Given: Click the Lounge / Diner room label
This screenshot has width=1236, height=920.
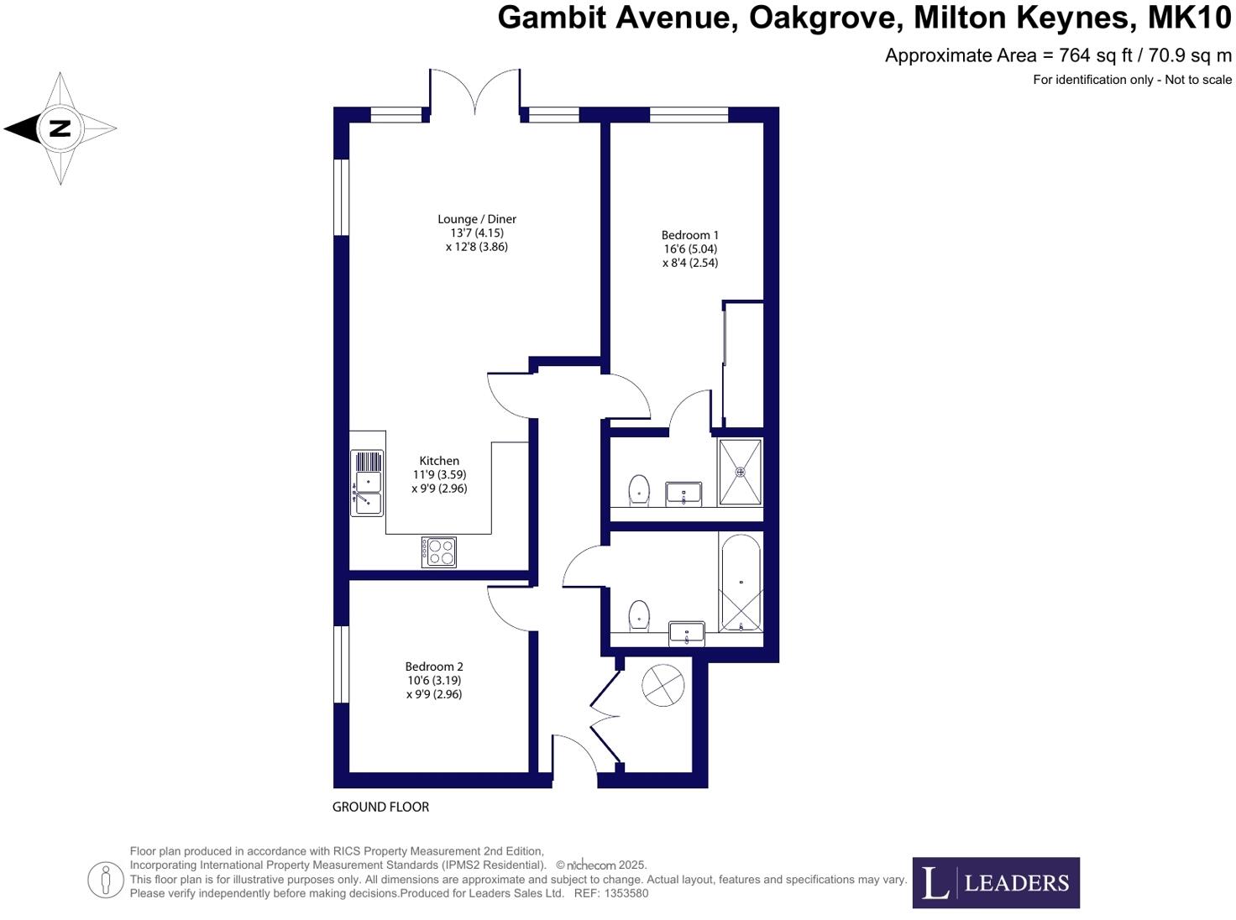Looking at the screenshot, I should tap(476, 220).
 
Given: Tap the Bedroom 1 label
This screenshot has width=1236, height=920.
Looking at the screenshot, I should tap(689, 236).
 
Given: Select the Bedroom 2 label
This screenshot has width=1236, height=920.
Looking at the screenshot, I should tap(434, 667).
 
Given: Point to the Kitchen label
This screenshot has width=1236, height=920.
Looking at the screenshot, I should tap(439, 461).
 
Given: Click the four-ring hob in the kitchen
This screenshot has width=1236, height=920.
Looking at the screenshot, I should tap(439, 551).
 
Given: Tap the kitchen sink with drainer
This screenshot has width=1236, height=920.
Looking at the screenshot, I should tap(367, 483).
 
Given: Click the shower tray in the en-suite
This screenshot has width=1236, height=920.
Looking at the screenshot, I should tap(740, 472).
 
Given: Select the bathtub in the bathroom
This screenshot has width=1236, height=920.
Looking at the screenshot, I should tap(740, 584).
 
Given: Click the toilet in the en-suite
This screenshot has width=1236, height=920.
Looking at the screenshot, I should tap(639, 489).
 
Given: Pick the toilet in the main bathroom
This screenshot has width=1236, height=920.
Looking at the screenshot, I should tap(639, 614).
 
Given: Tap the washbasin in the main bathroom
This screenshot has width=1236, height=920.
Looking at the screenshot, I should tap(687, 632).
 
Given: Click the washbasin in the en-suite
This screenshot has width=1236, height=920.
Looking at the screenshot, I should tap(683, 493).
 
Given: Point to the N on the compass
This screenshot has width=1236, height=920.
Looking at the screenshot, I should tap(60, 128).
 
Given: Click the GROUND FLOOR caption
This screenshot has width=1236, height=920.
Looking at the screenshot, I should tap(380, 807).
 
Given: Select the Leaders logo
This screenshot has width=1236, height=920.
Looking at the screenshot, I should tap(995, 882).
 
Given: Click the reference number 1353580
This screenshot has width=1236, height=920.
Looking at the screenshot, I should tap(626, 893).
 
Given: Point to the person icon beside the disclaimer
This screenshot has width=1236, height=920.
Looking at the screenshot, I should tap(106, 880).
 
